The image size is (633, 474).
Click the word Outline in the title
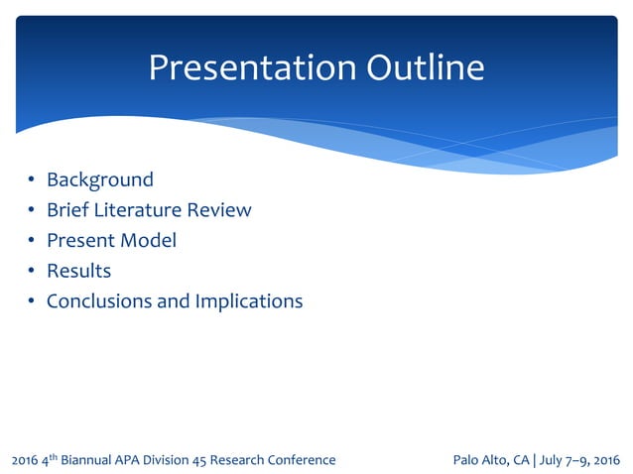(427, 67)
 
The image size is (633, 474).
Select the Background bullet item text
(100, 179)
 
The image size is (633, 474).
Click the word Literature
(137, 210)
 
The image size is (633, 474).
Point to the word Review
(219, 210)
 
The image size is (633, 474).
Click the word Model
(148, 241)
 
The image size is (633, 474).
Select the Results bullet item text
(79, 271)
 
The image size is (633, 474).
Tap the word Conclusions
(99, 301)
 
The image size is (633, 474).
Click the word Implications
(249, 301)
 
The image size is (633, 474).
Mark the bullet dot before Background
(31, 180)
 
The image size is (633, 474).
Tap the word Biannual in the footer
(99, 460)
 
